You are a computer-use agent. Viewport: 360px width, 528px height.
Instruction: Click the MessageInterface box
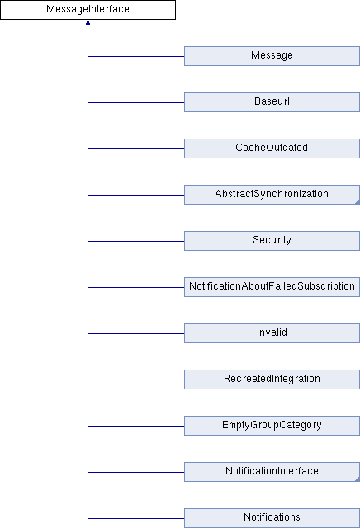point(88,10)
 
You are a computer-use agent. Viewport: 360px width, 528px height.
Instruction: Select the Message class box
point(272,56)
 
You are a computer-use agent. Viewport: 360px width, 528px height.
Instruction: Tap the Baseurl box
point(272,102)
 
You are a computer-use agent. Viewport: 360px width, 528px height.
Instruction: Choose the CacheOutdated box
point(272,148)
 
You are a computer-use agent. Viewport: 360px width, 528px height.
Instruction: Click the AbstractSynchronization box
point(272,195)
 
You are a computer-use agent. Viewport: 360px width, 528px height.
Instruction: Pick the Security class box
point(272,241)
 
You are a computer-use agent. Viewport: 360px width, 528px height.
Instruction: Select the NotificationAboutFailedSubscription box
point(272,287)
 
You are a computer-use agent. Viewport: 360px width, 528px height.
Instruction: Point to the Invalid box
point(272,333)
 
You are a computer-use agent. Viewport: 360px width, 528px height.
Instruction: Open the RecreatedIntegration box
point(272,379)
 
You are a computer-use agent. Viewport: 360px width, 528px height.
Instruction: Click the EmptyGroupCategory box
point(272,426)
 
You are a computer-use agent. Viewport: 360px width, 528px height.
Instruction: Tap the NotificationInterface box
point(272,472)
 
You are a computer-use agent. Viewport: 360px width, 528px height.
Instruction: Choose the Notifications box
point(272,518)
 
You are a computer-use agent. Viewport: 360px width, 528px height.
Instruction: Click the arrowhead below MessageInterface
point(88,22)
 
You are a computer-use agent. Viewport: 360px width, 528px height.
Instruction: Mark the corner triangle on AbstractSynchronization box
point(358,202)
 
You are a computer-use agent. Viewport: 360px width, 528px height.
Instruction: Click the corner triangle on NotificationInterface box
point(358,479)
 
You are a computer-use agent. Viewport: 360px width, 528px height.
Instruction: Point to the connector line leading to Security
point(136,241)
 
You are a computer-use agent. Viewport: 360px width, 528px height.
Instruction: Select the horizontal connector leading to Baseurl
point(136,102)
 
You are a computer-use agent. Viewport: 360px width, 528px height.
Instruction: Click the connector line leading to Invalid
point(136,333)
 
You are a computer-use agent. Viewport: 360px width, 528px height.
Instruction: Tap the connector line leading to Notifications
point(136,518)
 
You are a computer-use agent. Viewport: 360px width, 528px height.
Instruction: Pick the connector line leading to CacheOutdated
point(136,148)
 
